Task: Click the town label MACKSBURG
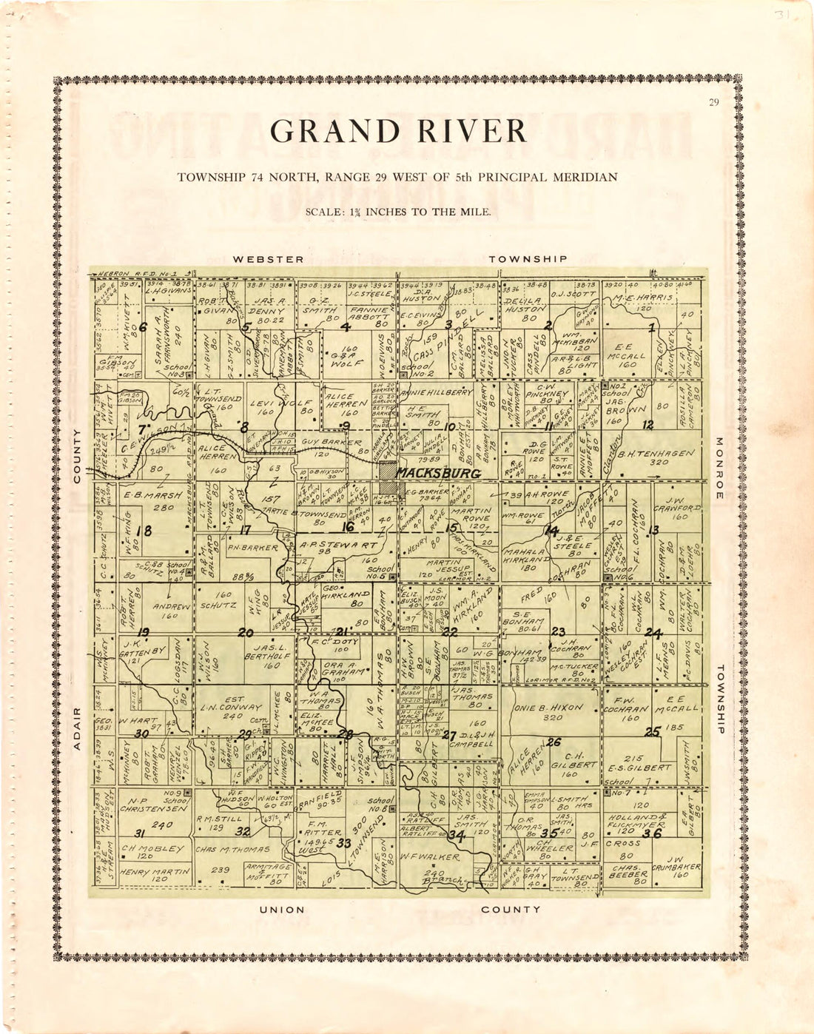coord(438,473)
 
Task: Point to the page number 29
coord(713,103)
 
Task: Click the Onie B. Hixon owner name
coord(548,707)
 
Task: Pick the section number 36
coord(651,833)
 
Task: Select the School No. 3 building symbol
coord(189,375)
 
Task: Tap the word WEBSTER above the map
coord(268,259)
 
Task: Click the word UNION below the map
coord(281,910)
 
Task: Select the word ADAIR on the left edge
coord(77,728)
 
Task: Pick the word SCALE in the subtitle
coord(322,212)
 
